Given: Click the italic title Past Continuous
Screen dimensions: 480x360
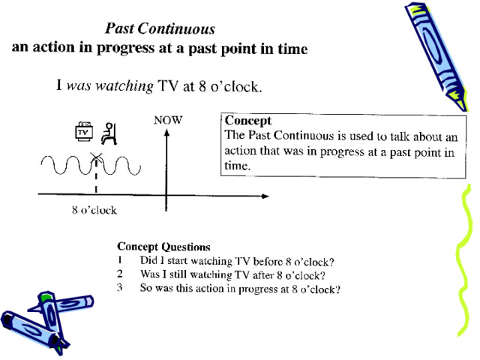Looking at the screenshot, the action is [x=160, y=28].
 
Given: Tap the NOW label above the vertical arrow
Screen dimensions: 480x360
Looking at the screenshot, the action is [x=168, y=120].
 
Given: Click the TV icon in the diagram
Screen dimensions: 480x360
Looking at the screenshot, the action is [x=83, y=132].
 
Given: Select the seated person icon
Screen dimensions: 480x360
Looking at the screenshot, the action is [x=109, y=133].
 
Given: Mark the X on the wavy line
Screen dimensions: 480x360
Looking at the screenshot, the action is [x=96, y=158].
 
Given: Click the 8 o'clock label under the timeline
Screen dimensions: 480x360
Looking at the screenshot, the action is [x=94, y=210].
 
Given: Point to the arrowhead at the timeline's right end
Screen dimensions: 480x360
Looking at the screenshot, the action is [x=265, y=196].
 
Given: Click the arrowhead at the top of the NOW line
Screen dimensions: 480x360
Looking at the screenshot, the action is [x=166, y=133].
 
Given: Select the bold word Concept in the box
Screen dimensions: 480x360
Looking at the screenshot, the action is [x=248, y=121].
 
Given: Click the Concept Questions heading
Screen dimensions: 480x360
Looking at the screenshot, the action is [x=163, y=247].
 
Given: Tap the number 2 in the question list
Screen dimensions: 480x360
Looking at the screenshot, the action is [x=120, y=273].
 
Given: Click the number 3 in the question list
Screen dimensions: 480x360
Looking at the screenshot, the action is [x=120, y=287].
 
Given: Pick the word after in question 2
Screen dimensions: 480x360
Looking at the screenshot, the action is [x=263, y=275].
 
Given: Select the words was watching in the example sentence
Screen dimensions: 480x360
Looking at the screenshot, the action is [x=110, y=86].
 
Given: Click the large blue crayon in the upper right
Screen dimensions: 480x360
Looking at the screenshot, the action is [x=437, y=57].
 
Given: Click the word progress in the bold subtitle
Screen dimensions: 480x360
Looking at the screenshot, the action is [x=125, y=49].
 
